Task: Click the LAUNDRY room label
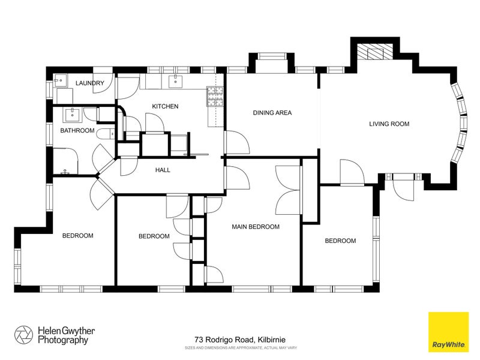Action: pyautogui.click(x=89, y=83)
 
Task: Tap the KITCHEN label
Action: pyautogui.click(x=165, y=106)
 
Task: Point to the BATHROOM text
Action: pyautogui.click(x=77, y=130)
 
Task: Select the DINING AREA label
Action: pyautogui.click(x=272, y=113)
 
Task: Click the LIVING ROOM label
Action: pyautogui.click(x=389, y=124)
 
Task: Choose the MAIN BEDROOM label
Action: pyautogui.click(x=256, y=227)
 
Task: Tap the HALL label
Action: pyautogui.click(x=163, y=170)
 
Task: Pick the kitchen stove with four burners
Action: pyautogui.click(x=215, y=96)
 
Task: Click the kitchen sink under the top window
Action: pyautogui.click(x=175, y=81)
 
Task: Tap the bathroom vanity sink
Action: pyautogui.click(x=72, y=114)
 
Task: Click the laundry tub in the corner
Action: pyautogui.click(x=61, y=80)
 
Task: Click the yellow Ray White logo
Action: pyautogui.click(x=448, y=332)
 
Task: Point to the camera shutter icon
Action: pyautogui.click(x=23, y=335)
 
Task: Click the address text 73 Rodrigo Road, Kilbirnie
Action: pyautogui.click(x=240, y=340)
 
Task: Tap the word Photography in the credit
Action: pyautogui.click(x=63, y=340)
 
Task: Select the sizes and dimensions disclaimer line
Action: pyautogui.click(x=241, y=348)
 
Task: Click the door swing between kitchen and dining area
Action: pyautogui.click(x=237, y=142)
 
